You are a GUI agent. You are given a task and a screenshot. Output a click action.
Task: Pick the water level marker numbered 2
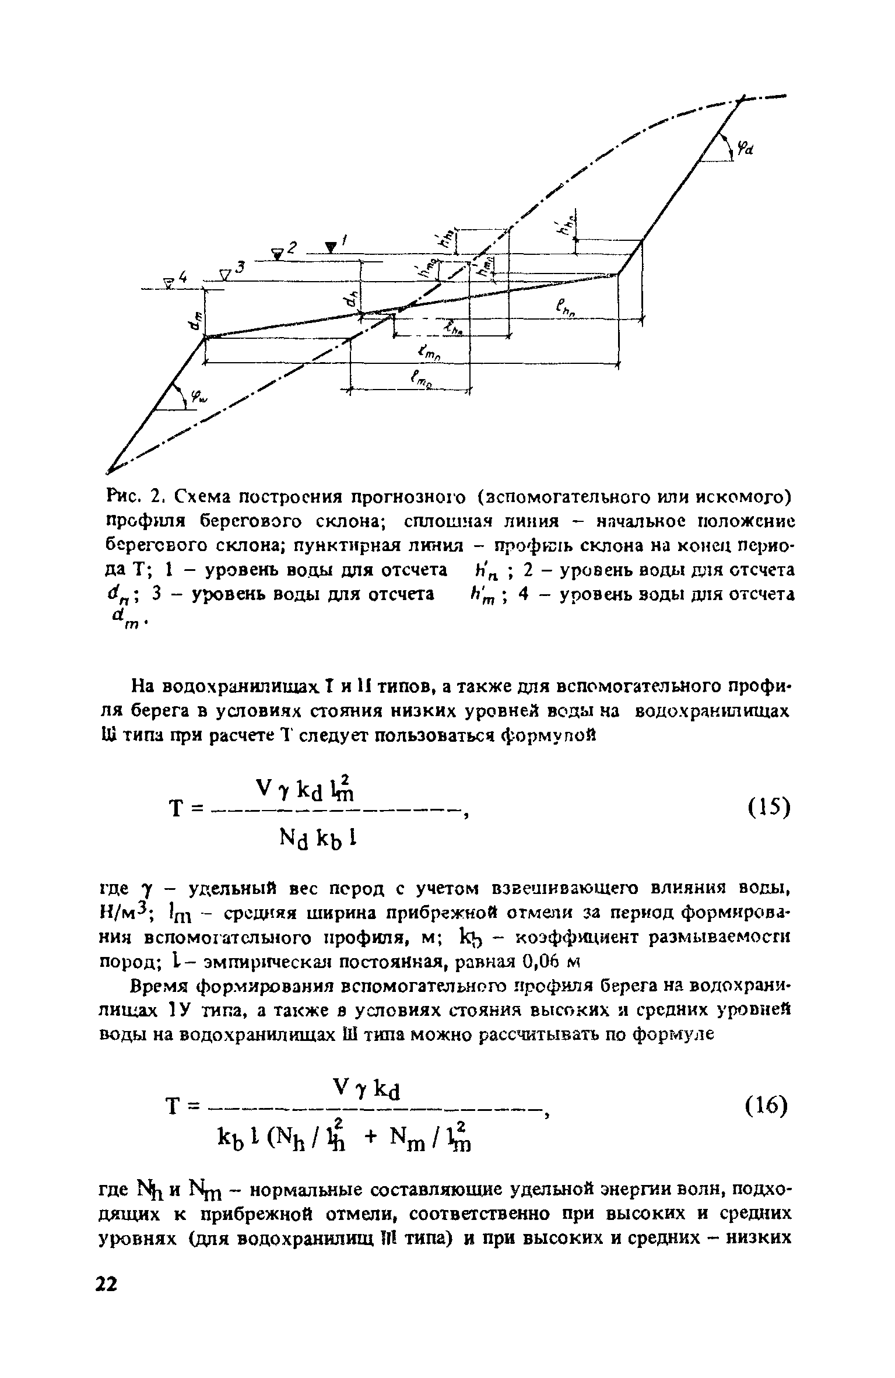click(x=280, y=251)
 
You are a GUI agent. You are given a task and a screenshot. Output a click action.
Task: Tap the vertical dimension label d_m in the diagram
click(x=197, y=320)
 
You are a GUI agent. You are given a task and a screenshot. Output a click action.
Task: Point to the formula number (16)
click(x=767, y=1105)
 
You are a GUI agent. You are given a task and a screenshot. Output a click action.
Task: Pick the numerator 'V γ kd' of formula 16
click(x=366, y=1085)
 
